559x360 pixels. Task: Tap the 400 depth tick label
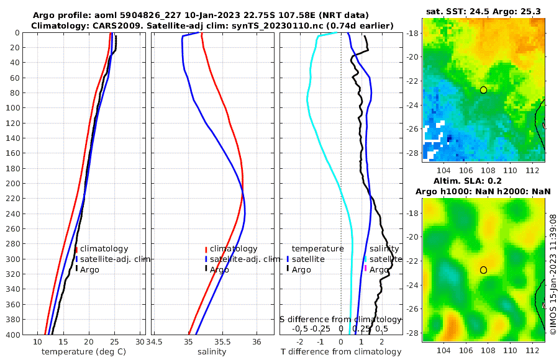click(x=13, y=334)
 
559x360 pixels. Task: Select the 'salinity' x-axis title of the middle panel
click(x=212, y=352)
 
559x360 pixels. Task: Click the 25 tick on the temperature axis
click(x=114, y=342)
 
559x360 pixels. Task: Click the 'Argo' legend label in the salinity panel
click(x=220, y=269)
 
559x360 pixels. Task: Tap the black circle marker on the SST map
click(x=483, y=90)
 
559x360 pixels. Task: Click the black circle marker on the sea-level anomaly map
click(x=483, y=270)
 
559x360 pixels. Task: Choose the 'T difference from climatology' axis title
click(x=341, y=352)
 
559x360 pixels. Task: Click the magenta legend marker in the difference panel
click(x=365, y=268)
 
